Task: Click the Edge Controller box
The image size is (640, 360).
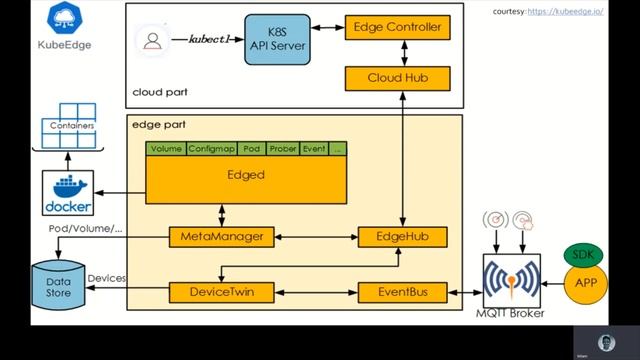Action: coord(396,28)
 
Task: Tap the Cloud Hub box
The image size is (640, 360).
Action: coord(396,77)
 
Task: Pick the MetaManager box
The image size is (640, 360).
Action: coord(221,237)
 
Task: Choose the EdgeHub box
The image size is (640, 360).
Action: coord(402,237)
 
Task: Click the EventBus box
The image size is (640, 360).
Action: coord(402,292)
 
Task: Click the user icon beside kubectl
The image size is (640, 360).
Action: coord(153,40)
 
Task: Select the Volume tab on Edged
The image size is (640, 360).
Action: coord(165,149)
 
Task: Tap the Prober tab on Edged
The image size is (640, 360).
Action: coord(283,149)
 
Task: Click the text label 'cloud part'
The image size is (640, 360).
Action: coord(160,93)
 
